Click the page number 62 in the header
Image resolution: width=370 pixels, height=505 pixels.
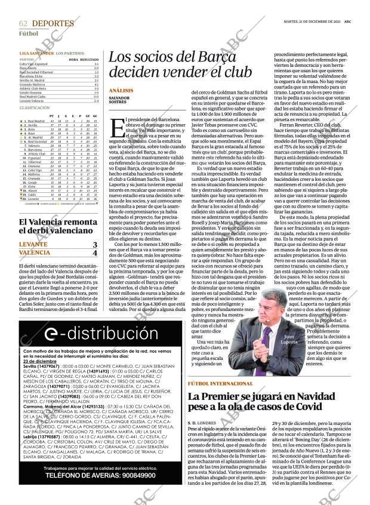pyautogui.click(x=23, y=23)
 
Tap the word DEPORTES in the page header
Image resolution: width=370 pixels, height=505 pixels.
pyautogui.click(x=53, y=23)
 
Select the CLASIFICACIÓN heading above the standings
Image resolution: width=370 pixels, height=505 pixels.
pyautogui.click(x=35, y=107)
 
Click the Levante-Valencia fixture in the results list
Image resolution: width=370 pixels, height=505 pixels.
pyautogui.click(x=30, y=101)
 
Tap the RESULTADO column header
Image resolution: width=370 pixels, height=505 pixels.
pyautogui.click(x=90, y=59)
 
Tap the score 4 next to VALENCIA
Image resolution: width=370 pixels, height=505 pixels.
pyautogui.click(x=94, y=252)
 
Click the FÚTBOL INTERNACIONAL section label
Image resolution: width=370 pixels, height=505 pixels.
pyautogui.click(x=220, y=383)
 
